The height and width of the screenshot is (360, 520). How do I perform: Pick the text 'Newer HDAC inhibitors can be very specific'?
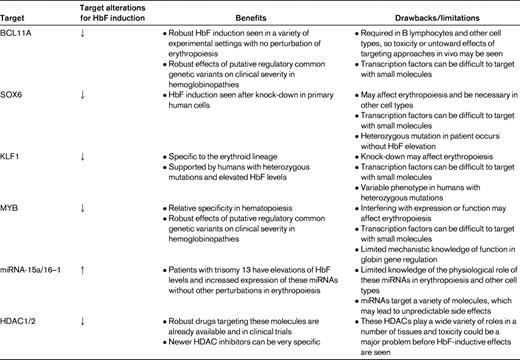coord(244,331)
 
